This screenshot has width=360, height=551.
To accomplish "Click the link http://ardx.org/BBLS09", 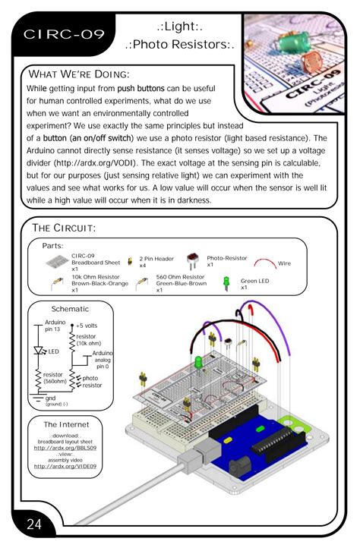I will tap(71, 449).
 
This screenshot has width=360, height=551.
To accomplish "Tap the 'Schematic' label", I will tap(70, 310).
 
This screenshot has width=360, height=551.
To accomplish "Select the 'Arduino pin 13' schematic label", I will tap(56, 326).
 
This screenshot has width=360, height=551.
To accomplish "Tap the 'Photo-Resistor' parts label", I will tap(229, 260).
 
